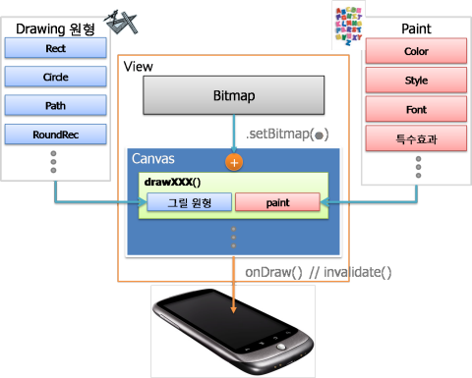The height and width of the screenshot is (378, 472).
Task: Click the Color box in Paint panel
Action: (x=416, y=51)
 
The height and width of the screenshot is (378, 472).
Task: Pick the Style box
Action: (x=416, y=80)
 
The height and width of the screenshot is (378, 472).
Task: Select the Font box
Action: (x=416, y=108)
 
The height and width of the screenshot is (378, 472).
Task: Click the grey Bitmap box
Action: (x=233, y=97)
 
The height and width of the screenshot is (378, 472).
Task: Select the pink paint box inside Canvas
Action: (x=277, y=203)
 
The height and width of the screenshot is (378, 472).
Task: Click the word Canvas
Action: (x=154, y=158)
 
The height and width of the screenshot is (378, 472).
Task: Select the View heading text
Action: (x=137, y=66)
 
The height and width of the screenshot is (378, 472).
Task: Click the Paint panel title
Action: (x=416, y=28)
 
